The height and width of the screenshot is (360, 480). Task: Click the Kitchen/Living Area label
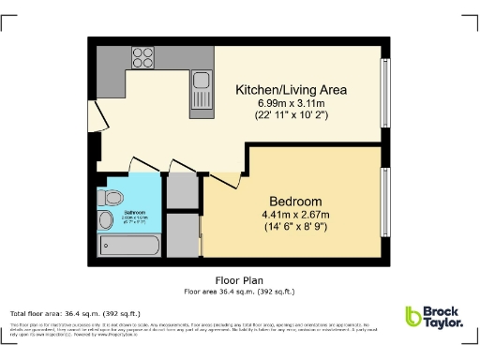tap(291, 90)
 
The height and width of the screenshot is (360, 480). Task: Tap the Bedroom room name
tap(295, 202)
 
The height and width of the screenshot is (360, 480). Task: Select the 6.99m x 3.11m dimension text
tap(291, 103)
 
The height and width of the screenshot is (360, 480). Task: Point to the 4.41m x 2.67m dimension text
tap(295, 215)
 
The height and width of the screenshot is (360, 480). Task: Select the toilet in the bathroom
tap(111, 198)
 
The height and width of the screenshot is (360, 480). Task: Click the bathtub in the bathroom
tap(130, 247)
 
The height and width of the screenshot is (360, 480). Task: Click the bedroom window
tap(383, 201)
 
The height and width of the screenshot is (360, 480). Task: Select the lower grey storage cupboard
tap(184, 234)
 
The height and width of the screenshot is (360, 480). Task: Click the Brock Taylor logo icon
tap(414, 317)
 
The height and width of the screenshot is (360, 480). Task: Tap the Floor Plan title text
tap(240, 279)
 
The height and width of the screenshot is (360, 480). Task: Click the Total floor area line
tap(75, 313)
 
